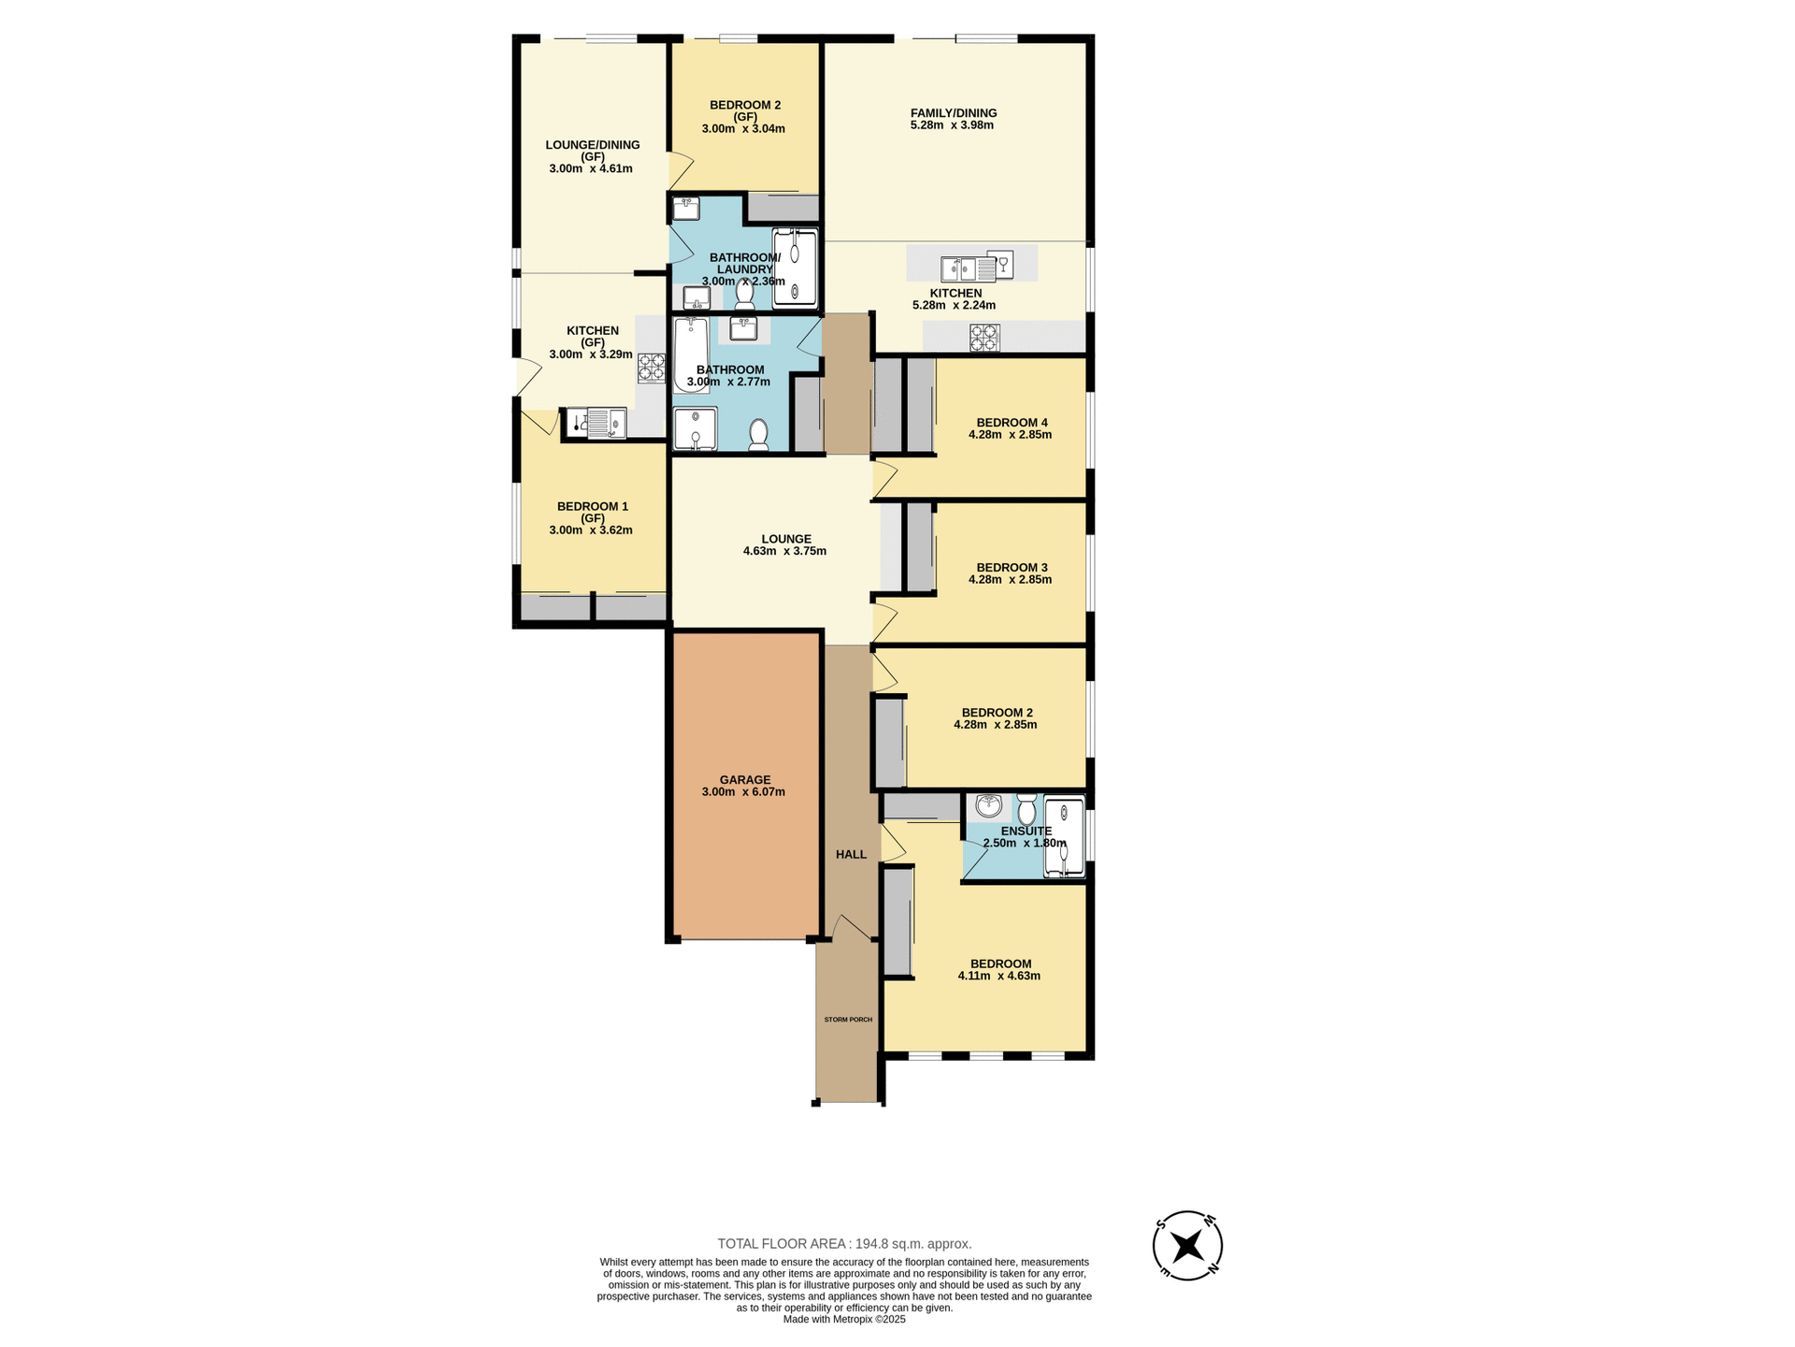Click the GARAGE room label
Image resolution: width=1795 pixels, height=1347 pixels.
pos(745,779)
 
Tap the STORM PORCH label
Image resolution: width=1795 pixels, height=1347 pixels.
pos(848,1019)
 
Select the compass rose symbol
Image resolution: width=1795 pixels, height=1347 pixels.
pos(1187,1246)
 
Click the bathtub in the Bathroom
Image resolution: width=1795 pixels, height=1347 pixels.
pos(691,355)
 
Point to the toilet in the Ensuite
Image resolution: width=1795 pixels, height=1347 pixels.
pos(1027,809)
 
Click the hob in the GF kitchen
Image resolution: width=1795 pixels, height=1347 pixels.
pos(651,368)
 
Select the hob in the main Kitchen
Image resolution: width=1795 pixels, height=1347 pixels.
pos(984,338)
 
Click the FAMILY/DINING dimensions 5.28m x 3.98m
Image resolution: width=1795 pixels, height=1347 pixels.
pos(952,125)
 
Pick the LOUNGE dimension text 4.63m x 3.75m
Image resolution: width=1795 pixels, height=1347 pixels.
pos(784,551)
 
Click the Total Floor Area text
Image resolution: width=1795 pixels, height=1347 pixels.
pos(844,1243)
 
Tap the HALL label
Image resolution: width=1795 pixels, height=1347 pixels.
pos(851,854)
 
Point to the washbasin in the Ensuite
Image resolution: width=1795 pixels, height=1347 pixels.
pos(988,806)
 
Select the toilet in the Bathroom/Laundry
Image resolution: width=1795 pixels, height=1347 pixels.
pos(745,295)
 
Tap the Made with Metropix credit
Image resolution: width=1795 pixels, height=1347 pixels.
pos(844,1319)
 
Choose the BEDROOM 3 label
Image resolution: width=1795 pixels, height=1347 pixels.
pos(1012,567)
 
